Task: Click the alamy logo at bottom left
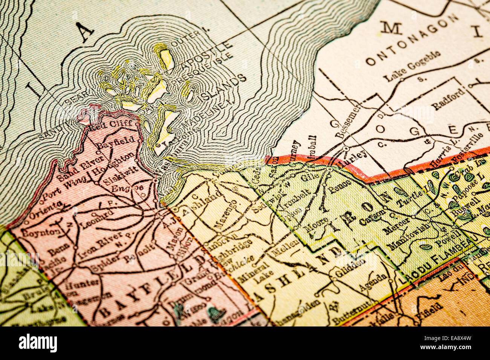38,343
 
